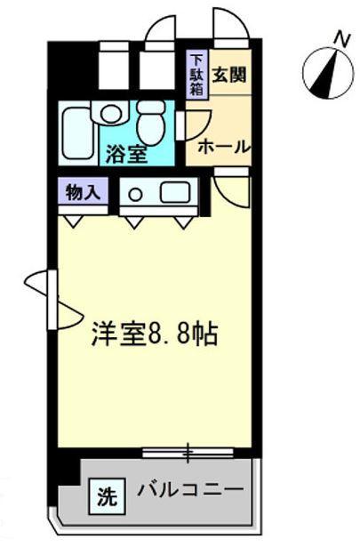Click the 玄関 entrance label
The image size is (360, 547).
(x=229, y=75)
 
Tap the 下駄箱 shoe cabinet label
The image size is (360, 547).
(x=196, y=76)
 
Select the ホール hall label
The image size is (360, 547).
(x=224, y=147)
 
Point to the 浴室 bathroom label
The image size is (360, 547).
(x=126, y=154)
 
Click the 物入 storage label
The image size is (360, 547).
(x=84, y=192)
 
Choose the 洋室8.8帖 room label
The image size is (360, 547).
(x=155, y=334)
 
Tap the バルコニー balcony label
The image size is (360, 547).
(x=190, y=489)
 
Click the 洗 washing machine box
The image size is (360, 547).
(x=107, y=496)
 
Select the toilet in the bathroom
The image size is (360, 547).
(x=150, y=123)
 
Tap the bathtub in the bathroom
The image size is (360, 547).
(x=78, y=133)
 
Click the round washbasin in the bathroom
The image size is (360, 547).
(x=110, y=112)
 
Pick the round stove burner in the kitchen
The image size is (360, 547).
(x=134, y=194)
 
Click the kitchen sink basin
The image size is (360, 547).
(x=175, y=193)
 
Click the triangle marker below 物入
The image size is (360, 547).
(x=74, y=221)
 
